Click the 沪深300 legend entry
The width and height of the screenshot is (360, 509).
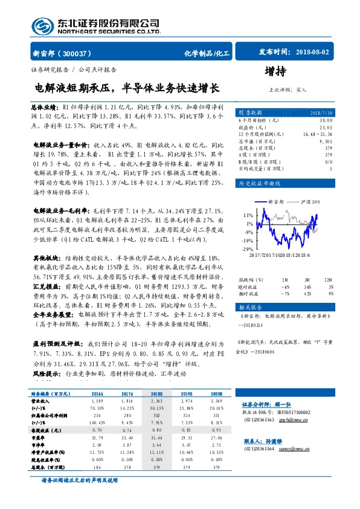tap(308, 201)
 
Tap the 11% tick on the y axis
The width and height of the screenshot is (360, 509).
tap(248, 215)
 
